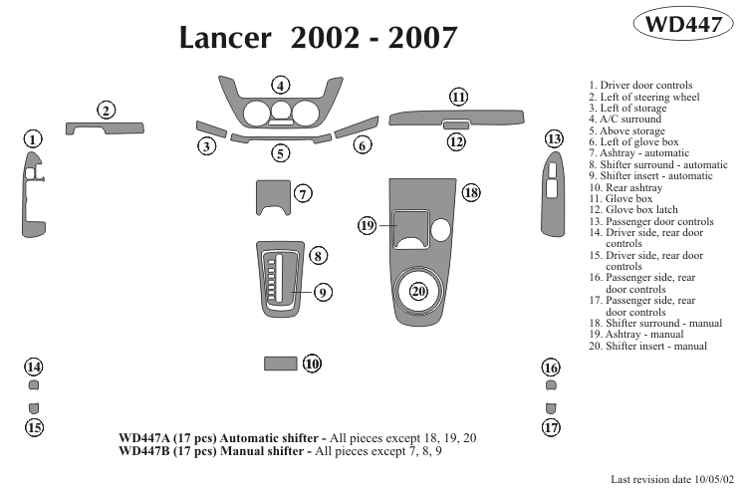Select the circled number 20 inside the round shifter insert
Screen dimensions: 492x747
click(x=418, y=291)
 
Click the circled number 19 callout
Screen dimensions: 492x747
click(x=368, y=226)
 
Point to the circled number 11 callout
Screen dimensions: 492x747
click(x=458, y=97)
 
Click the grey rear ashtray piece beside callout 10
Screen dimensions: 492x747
click(x=280, y=364)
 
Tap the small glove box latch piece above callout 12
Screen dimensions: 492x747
click(x=456, y=124)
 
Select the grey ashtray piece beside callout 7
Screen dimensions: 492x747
click(x=272, y=195)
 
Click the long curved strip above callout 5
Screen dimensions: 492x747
click(x=281, y=138)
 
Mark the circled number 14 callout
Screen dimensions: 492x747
click(x=34, y=367)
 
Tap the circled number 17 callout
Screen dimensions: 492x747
click(x=551, y=428)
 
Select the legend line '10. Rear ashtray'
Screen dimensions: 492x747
click(x=625, y=187)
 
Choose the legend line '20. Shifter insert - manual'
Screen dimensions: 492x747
click(x=647, y=346)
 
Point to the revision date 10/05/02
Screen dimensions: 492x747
click(x=714, y=479)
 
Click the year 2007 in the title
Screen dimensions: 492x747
click(x=421, y=38)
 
